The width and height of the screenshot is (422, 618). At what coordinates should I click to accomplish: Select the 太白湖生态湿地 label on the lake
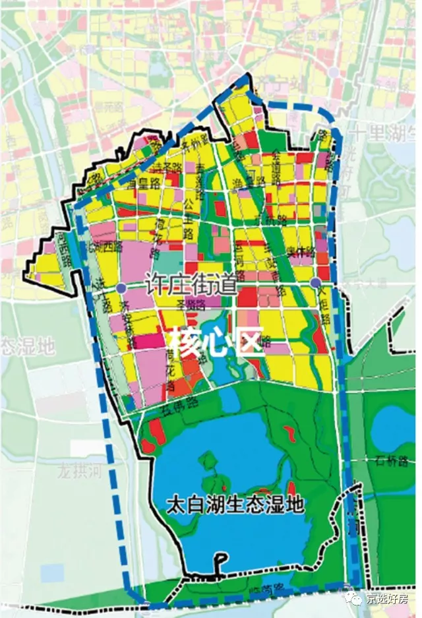[235, 505]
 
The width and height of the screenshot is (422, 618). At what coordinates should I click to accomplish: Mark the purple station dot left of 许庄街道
[121, 288]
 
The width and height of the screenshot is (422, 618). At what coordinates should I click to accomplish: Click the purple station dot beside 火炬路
[316, 283]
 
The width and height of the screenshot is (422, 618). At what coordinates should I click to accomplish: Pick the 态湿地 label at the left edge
[26, 344]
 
